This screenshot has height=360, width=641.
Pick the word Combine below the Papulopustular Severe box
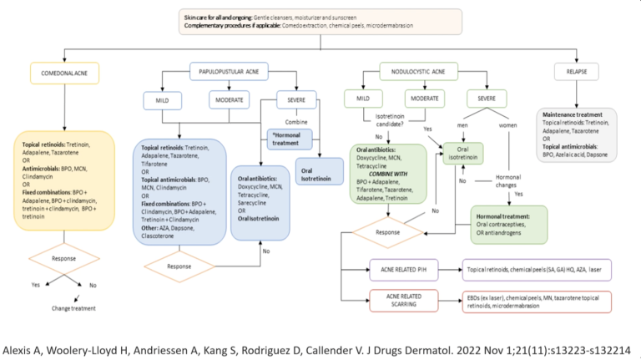291,119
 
